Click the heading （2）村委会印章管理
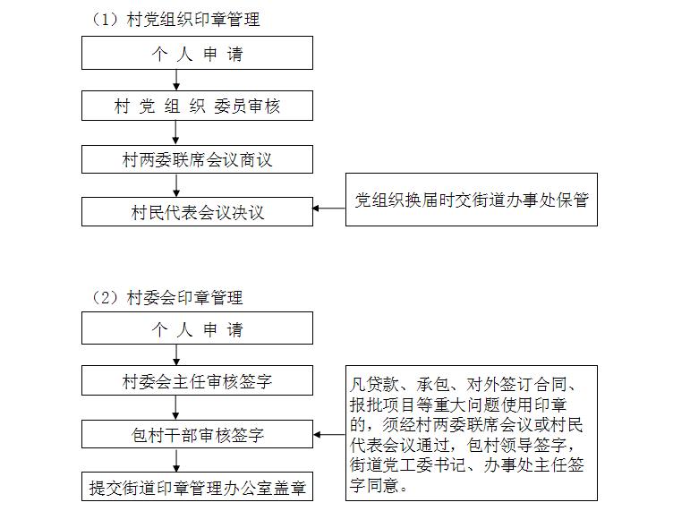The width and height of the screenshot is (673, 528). point(167,297)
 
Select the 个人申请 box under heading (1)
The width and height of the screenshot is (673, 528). point(198,53)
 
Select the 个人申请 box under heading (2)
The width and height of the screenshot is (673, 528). point(198,328)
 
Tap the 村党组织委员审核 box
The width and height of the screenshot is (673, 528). point(198,106)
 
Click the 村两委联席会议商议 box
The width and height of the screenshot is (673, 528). point(198,159)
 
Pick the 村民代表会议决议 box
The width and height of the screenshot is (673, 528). point(198,211)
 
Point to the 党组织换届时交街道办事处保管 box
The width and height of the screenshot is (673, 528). point(472,200)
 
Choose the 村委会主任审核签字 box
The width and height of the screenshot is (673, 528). point(198,380)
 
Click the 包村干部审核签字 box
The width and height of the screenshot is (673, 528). point(198,434)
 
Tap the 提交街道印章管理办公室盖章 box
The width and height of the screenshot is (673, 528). point(198,486)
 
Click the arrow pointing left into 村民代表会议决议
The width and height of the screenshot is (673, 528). point(329,209)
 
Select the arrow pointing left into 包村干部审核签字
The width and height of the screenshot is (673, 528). point(329,434)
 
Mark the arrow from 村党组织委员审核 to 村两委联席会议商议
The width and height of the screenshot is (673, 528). point(175,132)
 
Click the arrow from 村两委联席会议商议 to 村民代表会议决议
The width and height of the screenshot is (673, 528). point(176,185)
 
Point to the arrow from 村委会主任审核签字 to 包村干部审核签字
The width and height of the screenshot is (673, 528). point(175,407)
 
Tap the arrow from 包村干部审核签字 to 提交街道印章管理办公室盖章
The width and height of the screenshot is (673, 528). point(176,460)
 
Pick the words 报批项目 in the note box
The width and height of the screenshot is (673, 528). point(382,405)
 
